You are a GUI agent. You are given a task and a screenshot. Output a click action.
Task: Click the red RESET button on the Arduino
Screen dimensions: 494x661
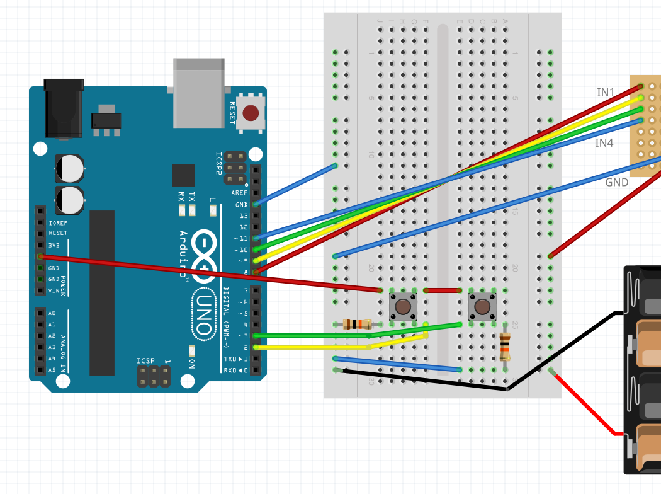251,113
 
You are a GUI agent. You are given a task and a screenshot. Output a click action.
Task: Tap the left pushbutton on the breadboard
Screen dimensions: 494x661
403,307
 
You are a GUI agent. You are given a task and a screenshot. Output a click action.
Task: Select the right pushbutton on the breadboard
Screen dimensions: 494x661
482,307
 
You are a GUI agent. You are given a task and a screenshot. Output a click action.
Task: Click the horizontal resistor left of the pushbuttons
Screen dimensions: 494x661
357,325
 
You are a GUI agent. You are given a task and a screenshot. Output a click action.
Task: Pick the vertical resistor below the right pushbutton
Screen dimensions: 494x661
505,347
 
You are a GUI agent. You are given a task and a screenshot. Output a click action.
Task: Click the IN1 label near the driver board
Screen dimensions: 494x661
606,93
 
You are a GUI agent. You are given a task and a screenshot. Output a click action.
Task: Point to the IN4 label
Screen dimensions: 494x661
604,143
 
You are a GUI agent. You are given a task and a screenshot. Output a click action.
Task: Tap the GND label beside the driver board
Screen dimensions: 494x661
616,183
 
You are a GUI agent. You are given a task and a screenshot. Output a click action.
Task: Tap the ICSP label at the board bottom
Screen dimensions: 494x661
145,361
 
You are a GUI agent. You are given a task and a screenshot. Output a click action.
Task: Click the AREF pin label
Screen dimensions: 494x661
239,193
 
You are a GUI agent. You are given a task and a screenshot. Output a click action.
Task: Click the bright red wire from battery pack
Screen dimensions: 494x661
585,403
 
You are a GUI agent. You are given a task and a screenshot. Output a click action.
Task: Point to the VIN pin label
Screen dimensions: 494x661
54,290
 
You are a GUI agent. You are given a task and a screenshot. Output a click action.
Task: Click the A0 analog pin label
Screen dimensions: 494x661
52,313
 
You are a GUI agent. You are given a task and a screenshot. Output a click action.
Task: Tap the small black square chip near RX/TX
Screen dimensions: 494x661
183,175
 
